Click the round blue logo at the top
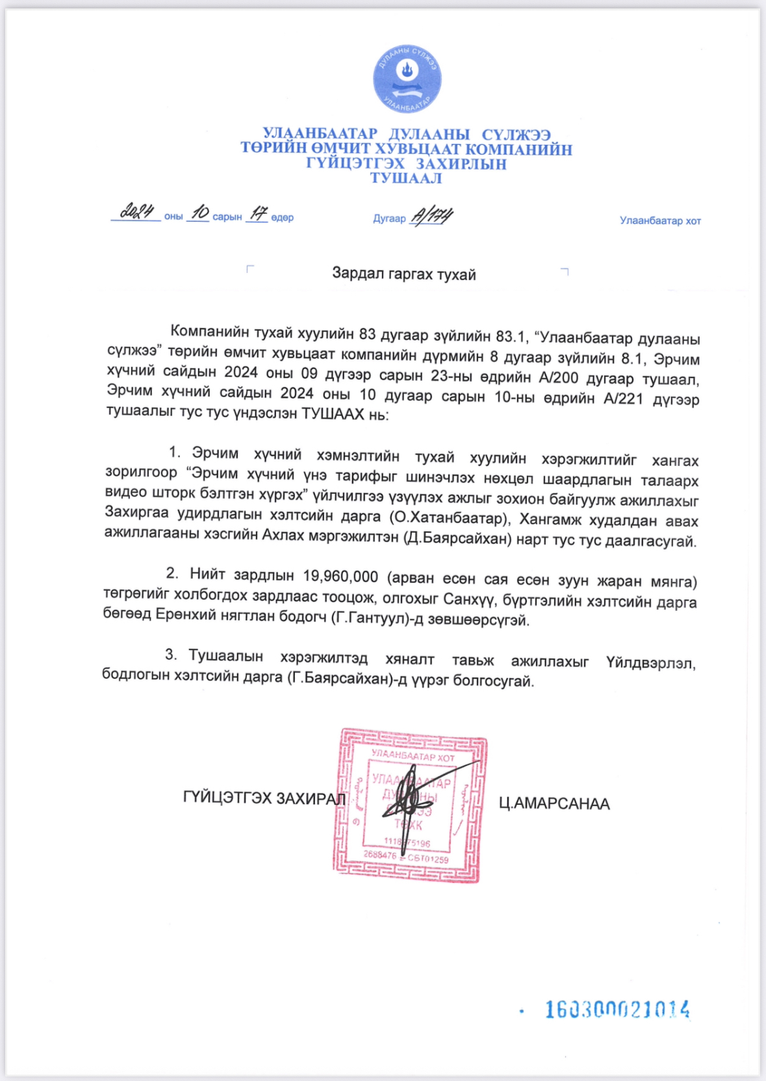pyautogui.click(x=407, y=79)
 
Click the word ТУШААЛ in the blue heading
pyautogui.click(x=406, y=178)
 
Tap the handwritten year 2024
pyautogui.click(x=137, y=211)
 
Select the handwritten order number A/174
pyautogui.click(x=431, y=215)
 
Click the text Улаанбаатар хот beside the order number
pyautogui.click(x=660, y=221)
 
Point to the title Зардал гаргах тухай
pyautogui.click(x=403, y=274)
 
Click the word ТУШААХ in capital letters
pyautogui.click(x=333, y=414)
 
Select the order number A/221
pyautogui.click(x=623, y=398)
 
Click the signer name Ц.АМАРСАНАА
pyautogui.click(x=554, y=804)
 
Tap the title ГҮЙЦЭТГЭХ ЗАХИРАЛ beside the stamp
pyautogui.click(x=264, y=798)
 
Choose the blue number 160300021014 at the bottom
pyautogui.click(x=617, y=1009)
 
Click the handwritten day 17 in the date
pyautogui.click(x=258, y=213)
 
